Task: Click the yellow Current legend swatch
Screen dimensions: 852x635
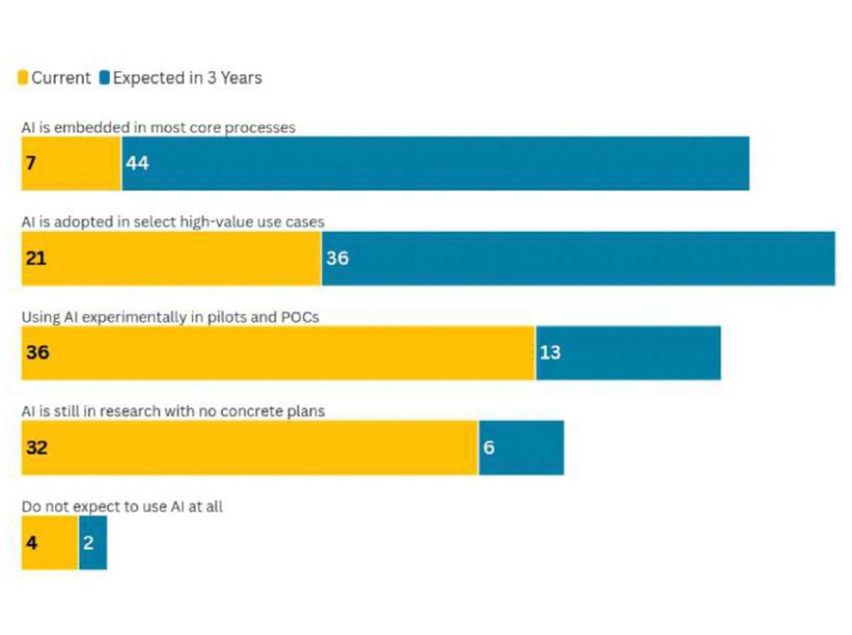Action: click(23, 77)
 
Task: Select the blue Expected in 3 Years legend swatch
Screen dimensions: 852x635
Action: click(104, 77)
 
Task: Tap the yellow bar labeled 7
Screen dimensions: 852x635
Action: click(72, 163)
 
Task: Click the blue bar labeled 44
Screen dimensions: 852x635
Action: click(436, 163)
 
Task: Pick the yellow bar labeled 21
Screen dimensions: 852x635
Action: click(171, 259)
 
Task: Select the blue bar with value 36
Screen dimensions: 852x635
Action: click(578, 259)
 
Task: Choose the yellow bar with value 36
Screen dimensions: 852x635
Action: click(278, 353)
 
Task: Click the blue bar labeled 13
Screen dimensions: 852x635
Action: click(628, 353)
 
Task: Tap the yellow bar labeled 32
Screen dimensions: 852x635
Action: click(250, 447)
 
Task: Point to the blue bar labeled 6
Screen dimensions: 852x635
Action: click(521, 447)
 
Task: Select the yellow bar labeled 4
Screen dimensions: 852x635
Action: click(50, 543)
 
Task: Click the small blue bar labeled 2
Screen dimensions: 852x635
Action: click(93, 543)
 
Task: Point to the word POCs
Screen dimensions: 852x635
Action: click(300, 317)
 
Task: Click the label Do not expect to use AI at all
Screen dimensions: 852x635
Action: click(122, 507)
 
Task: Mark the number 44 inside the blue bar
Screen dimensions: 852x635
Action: click(137, 163)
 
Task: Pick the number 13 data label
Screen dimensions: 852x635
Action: click(550, 352)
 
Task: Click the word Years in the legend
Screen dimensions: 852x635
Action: click(241, 78)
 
